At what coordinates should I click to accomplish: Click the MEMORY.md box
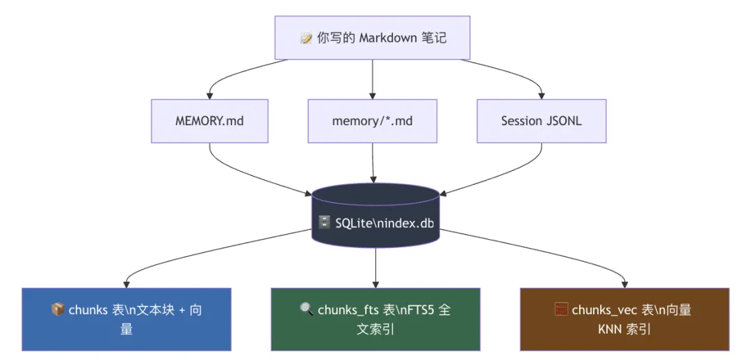tap(209, 121)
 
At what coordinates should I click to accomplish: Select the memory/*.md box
tap(372, 121)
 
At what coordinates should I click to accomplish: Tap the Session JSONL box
tap(541, 121)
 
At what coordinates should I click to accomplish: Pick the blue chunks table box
tap(126, 319)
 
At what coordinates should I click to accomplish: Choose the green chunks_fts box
tap(375, 319)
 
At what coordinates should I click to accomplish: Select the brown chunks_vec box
tap(624, 319)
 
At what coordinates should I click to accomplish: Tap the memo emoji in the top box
tap(306, 39)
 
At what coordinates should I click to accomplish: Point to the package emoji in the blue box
tap(58, 310)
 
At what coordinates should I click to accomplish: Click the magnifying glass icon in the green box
tap(307, 310)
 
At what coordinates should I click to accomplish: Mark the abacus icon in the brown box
tap(561, 310)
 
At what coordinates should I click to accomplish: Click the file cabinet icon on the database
tap(324, 222)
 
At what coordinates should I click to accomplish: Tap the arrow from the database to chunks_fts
tap(375, 268)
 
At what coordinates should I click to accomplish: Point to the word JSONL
tap(564, 121)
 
